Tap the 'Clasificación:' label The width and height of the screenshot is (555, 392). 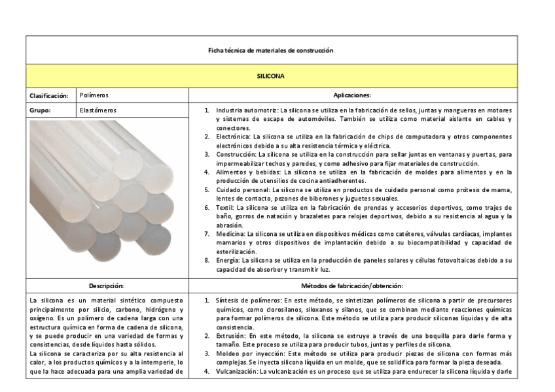click(48, 95)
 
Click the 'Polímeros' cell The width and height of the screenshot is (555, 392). click(94, 95)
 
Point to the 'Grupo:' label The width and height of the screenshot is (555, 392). click(40, 110)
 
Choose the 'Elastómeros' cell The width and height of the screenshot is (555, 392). click(98, 110)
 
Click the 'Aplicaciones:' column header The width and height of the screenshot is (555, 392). click(352, 95)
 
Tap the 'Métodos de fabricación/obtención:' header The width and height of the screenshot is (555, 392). click(352, 286)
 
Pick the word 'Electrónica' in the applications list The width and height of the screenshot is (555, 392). click(233, 137)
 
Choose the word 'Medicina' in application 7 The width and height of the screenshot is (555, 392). click(230, 233)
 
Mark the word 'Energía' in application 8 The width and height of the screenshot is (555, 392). click(228, 259)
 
